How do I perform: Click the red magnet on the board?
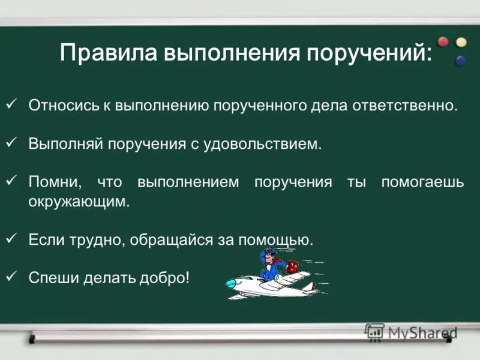coord(443,42)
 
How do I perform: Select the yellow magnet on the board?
coord(461,42)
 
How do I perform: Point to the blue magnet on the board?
coord(461,60)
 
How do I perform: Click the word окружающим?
coord(79,202)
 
